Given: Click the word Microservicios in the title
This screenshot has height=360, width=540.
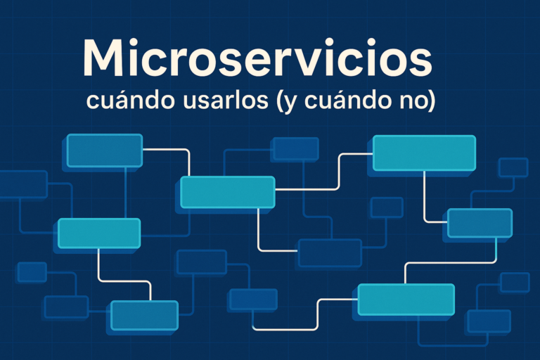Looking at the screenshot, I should (x=257, y=59).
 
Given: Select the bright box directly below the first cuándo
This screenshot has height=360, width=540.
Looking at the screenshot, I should (x=105, y=150).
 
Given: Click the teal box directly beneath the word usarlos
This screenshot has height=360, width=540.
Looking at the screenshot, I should (x=227, y=192).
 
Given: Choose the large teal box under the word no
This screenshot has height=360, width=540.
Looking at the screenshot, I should (x=424, y=153).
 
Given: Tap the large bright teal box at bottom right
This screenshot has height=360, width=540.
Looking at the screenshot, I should (x=406, y=300).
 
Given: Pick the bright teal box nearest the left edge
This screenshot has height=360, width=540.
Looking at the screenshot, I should (x=99, y=233).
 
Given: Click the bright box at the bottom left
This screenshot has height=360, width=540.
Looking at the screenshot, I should (x=144, y=314).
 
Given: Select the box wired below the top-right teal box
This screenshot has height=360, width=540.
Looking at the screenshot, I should (x=480, y=223).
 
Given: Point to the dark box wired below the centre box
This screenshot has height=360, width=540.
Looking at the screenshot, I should (x=330, y=252).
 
